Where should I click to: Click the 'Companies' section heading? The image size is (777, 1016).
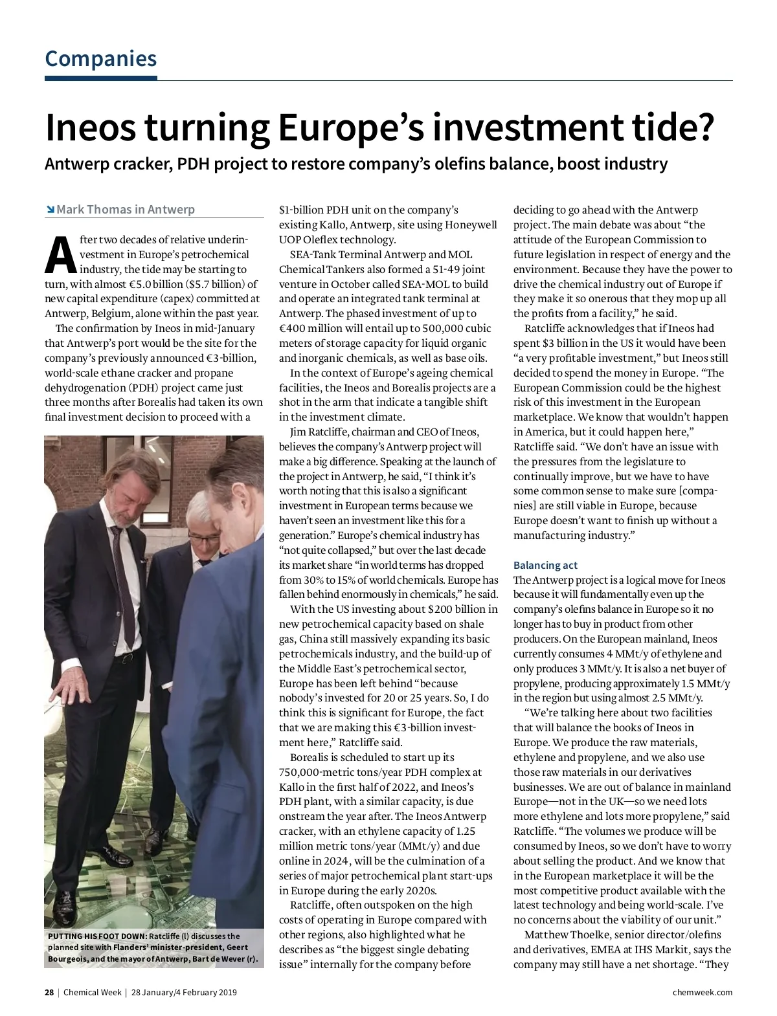[100, 59]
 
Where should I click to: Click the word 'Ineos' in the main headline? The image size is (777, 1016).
[90, 127]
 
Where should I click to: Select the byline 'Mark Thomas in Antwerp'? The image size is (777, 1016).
[126, 210]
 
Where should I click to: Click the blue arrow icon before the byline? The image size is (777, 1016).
[50, 210]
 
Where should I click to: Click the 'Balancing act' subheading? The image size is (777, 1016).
[545, 565]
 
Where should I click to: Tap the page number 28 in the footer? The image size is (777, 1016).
[49, 992]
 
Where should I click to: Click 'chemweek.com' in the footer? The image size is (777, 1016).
[703, 992]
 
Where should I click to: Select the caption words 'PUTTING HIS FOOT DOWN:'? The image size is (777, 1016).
[97, 936]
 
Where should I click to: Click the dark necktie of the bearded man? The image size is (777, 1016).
[122, 582]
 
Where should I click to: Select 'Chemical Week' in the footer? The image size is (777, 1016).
[92, 992]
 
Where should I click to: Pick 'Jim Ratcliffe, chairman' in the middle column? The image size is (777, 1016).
[342, 432]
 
